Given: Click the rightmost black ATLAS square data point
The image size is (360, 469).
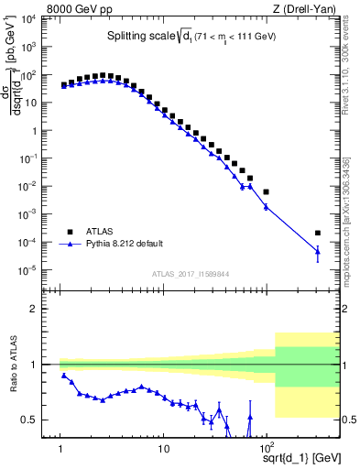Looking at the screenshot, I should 318,234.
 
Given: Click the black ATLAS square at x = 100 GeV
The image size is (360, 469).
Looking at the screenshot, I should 266,192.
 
